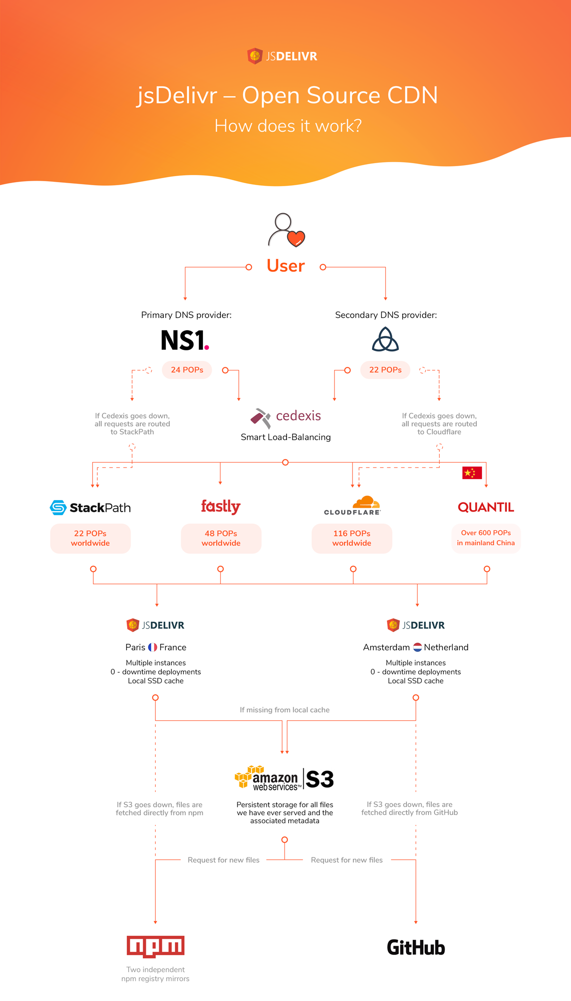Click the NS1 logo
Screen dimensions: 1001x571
(x=185, y=340)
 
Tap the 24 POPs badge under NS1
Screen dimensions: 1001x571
(x=187, y=370)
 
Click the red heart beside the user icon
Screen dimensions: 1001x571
(x=296, y=239)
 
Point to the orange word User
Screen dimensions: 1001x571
(x=285, y=266)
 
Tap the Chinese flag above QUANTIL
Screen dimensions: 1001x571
(x=472, y=472)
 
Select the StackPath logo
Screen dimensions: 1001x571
(x=90, y=508)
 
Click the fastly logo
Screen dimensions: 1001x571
(x=220, y=507)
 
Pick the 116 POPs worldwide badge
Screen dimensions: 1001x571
(x=352, y=539)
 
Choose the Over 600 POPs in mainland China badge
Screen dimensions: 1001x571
(x=486, y=538)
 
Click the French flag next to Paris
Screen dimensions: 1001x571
(x=153, y=647)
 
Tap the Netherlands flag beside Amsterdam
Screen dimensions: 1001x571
(x=417, y=647)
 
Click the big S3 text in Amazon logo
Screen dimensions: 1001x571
(x=320, y=779)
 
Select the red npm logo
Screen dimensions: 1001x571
(x=155, y=946)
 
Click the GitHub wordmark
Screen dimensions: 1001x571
(x=416, y=947)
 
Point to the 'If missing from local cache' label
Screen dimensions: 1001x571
(x=284, y=710)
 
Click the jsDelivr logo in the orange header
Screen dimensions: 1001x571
(x=282, y=56)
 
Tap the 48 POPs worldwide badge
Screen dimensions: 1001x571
(x=221, y=539)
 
